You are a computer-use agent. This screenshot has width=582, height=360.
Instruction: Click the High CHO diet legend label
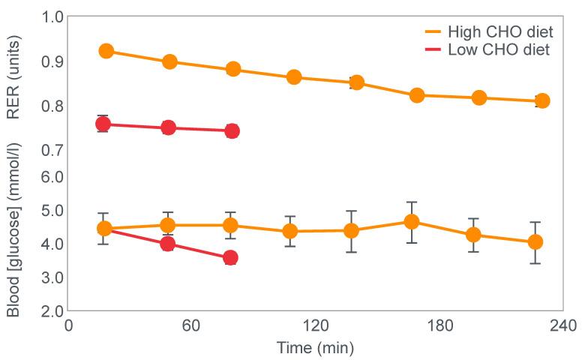click(x=500, y=32)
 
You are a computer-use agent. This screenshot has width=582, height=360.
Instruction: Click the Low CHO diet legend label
click(x=499, y=51)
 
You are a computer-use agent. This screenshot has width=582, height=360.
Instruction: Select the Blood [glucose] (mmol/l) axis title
click(x=13, y=230)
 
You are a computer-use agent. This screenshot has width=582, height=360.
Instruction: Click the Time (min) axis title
click(x=314, y=348)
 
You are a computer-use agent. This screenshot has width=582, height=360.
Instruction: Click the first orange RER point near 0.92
click(x=106, y=51)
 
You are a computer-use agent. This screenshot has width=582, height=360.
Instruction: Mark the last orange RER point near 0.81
click(x=542, y=101)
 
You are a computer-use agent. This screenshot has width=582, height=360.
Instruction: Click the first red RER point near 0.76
click(x=104, y=124)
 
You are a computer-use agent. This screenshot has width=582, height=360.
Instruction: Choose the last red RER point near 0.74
click(x=232, y=131)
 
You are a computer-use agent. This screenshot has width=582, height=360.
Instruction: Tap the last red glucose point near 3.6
click(x=231, y=258)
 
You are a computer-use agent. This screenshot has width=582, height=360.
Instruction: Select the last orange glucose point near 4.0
click(x=535, y=242)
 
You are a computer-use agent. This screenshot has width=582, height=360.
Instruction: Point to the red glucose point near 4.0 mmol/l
click(x=168, y=244)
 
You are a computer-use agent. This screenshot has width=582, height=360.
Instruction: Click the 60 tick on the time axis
click(x=191, y=326)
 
